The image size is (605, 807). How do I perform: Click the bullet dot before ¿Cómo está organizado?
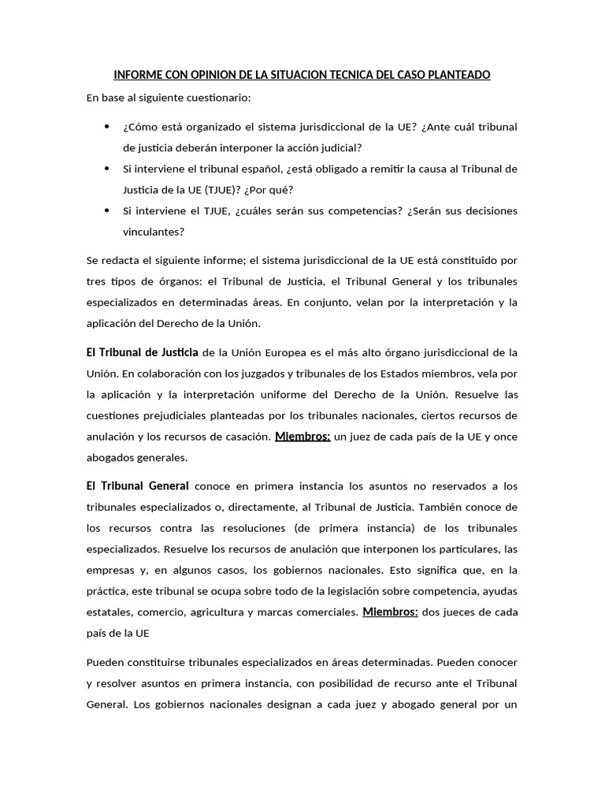coord(107,127)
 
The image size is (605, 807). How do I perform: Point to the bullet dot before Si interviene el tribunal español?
coord(107,169)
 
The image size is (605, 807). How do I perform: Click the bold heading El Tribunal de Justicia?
coord(142,351)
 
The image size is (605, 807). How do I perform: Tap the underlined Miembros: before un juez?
coord(302,436)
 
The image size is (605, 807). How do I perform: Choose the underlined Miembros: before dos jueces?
coord(390,612)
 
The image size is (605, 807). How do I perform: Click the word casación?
coord(243,437)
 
